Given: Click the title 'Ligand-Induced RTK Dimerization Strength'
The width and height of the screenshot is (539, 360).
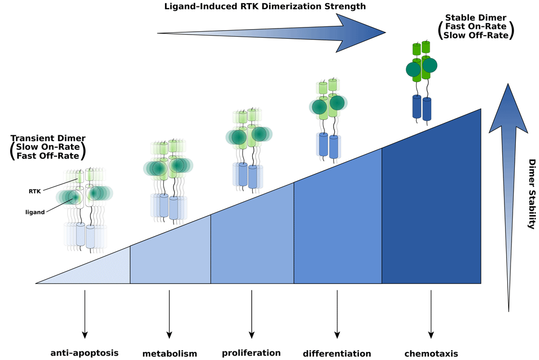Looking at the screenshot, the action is [265, 6].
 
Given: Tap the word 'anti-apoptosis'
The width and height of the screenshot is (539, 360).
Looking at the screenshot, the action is [85, 353].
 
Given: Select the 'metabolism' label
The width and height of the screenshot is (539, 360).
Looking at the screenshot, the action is [169, 354].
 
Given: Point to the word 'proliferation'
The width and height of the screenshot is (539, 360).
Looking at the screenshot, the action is [251, 353].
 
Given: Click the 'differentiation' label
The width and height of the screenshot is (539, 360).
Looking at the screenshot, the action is [337, 354].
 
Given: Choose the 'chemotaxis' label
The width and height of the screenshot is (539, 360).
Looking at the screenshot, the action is [431, 354].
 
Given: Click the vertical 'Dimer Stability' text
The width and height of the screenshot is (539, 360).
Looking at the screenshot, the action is [532, 194].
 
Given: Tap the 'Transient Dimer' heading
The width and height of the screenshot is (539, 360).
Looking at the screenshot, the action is [48, 138].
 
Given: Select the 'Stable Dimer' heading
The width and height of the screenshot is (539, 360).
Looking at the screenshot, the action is [476, 18].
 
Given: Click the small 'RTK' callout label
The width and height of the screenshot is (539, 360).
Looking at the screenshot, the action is [34, 191].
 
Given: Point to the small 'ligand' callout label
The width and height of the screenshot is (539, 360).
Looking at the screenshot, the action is [35, 212].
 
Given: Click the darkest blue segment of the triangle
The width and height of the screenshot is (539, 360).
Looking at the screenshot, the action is [431, 206].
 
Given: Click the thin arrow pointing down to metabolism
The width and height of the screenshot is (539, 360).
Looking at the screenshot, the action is [169, 314].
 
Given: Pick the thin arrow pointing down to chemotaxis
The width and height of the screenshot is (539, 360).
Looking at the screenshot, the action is [431, 314].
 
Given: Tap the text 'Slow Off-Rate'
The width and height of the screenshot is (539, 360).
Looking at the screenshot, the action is [476, 36].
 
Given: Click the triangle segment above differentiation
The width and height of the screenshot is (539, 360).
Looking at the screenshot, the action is [338, 227].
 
